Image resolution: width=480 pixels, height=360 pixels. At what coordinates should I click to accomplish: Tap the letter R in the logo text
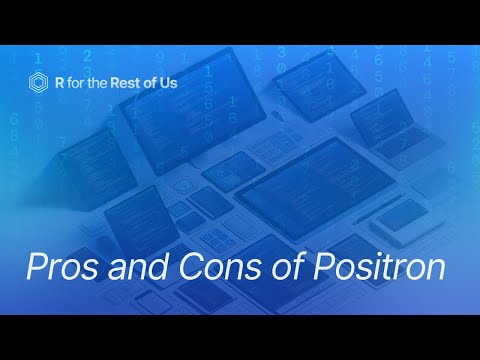(60, 83)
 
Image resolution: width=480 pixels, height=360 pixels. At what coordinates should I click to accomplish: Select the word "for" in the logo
(78, 83)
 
